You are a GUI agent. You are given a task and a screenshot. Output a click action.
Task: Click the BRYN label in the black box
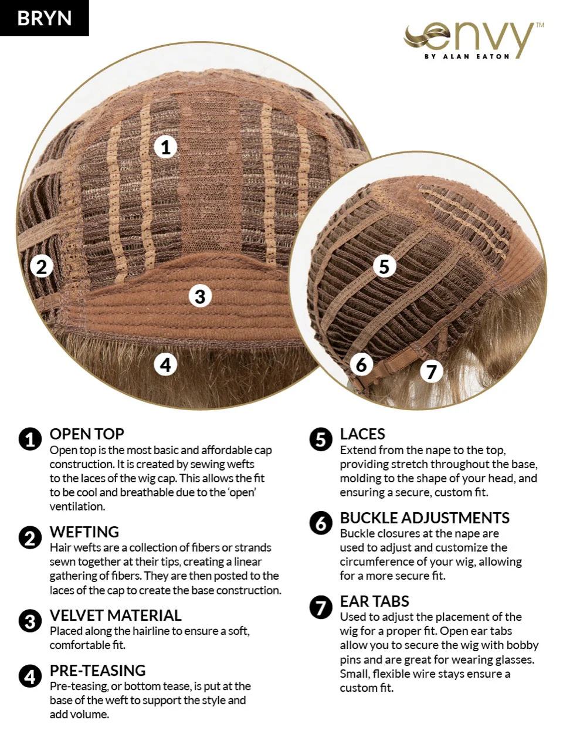(x=45, y=18)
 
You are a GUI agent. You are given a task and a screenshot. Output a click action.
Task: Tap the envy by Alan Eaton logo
(x=473, y=41)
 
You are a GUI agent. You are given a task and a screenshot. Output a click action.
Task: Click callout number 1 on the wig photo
(x=166, y=147)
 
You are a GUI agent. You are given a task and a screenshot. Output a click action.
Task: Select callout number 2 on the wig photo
(x=42, y=266)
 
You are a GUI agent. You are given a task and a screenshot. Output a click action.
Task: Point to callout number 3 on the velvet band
(x=201, y=296)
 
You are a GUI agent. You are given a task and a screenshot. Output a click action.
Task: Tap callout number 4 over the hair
(x=165, y=365)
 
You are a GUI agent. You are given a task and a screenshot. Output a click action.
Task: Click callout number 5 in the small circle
(x=385, y=266)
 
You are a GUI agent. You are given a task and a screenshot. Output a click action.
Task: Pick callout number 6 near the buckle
(x=362, y=364)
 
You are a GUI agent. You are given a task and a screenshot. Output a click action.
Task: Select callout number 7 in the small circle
(x=432, y=371)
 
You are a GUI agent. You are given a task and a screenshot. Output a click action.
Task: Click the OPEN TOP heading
(x=87, y=434)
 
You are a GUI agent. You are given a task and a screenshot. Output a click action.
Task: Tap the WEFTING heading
(x=84, y=532)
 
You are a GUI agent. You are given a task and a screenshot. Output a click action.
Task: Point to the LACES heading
(x=362, y=434)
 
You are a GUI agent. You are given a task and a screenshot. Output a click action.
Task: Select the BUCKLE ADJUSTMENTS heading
(x=425, y=517)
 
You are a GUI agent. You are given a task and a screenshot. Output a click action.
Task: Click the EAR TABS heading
(x=374, y=601)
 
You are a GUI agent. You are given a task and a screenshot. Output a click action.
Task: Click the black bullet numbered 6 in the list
(x=321, y=523)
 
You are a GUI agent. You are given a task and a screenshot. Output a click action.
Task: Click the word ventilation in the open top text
(x=77, y=506)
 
